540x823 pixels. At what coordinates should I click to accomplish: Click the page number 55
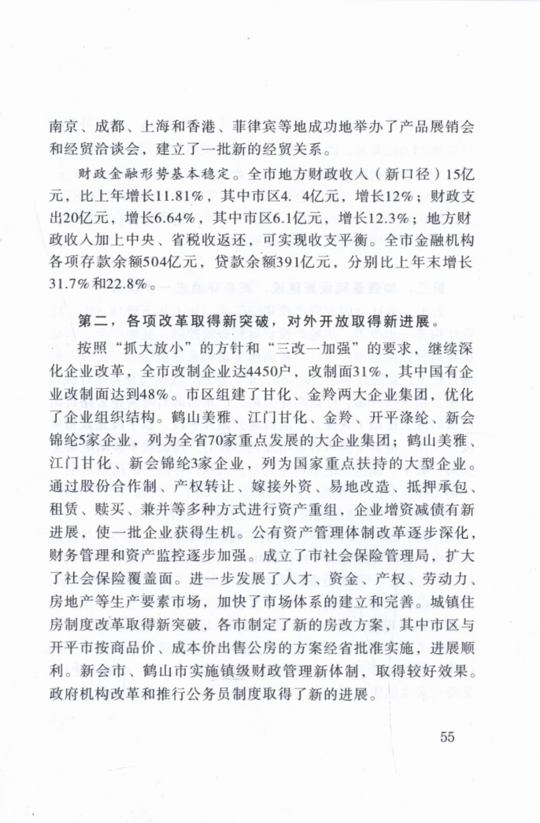[x=447, y=737]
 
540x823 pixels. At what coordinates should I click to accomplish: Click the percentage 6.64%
[x=172, y=218]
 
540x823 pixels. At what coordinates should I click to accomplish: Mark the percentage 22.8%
[x=127, y=285]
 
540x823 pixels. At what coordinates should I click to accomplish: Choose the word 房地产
[x=71, y=602]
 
